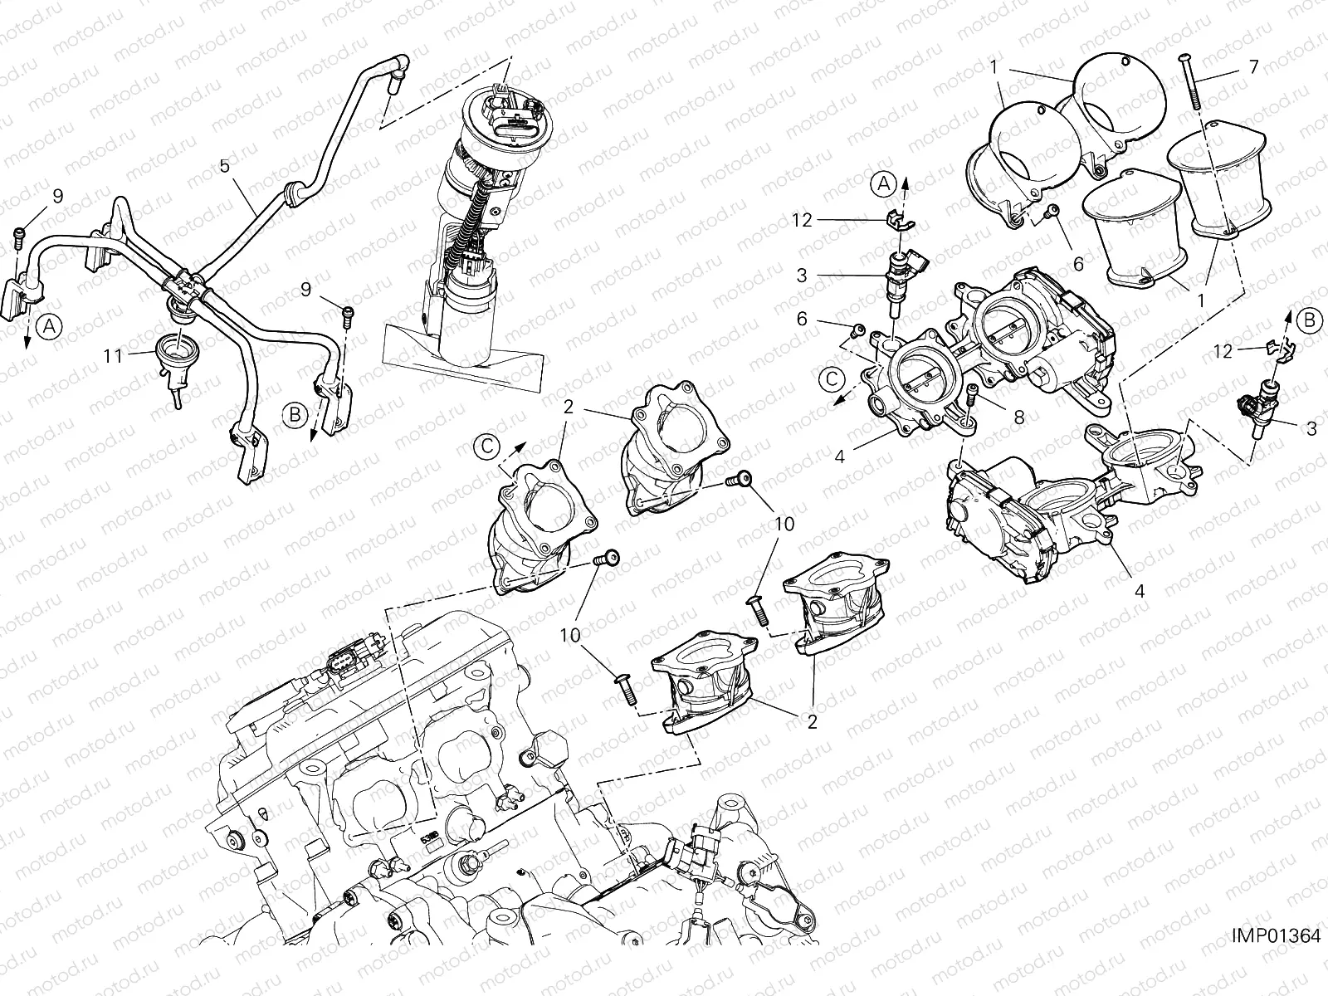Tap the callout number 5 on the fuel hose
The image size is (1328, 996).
(x=224, y=165)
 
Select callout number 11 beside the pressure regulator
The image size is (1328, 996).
(x=114, y=355)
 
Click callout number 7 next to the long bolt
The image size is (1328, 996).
(x=1253, y=66)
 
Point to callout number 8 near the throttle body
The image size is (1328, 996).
(x=1018, y=418)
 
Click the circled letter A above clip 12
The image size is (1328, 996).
(x=883, y=183)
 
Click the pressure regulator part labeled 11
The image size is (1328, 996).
(x=172, y=357)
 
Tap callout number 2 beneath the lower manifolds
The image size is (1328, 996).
(x=812, y=721)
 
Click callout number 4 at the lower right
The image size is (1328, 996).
(x=1140, y=591)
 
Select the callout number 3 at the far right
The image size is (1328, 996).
(x=1311, y=428)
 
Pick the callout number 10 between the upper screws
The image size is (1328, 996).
(x=784, y=524)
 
